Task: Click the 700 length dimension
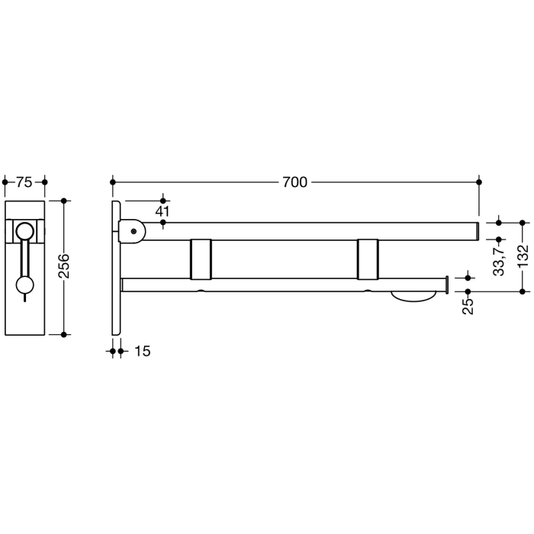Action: click(294, 182)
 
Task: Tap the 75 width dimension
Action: click(24, 182)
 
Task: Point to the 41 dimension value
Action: click(162, 211)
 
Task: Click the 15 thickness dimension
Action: click(142, 351)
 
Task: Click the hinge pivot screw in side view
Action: click(133, 230)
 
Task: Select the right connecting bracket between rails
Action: click(366, 259)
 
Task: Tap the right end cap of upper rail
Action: click(477, 230)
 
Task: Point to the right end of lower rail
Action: click(443, 285)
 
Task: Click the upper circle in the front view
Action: click(25, 231)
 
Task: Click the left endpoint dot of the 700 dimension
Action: click(113, 182)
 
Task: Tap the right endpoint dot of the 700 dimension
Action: click(479, 182)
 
